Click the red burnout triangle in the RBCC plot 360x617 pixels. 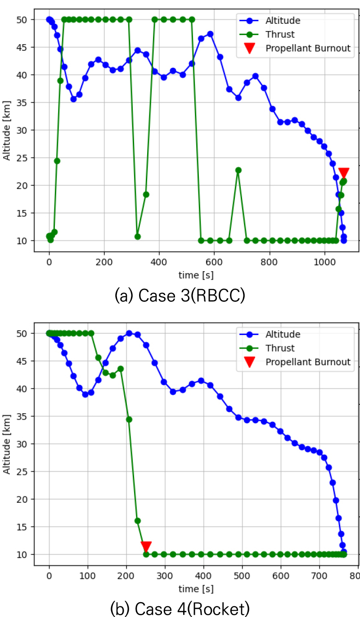(x=344, y=173)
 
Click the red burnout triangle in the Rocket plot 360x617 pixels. (x=146, y=546)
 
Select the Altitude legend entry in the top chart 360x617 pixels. (x=283, y=20)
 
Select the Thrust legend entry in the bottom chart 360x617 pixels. (x=280, y=348)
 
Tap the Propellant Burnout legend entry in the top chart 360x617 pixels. (x=308, y=48)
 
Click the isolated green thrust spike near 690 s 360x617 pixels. (x=238, y=170)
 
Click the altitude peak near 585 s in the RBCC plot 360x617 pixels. (x=210, y=34)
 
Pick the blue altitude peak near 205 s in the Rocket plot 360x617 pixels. (x=129, y=333)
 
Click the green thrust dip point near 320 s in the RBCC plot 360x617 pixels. (x=138, y=237)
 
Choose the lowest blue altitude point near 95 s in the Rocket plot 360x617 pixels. (x=85, y=394)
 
